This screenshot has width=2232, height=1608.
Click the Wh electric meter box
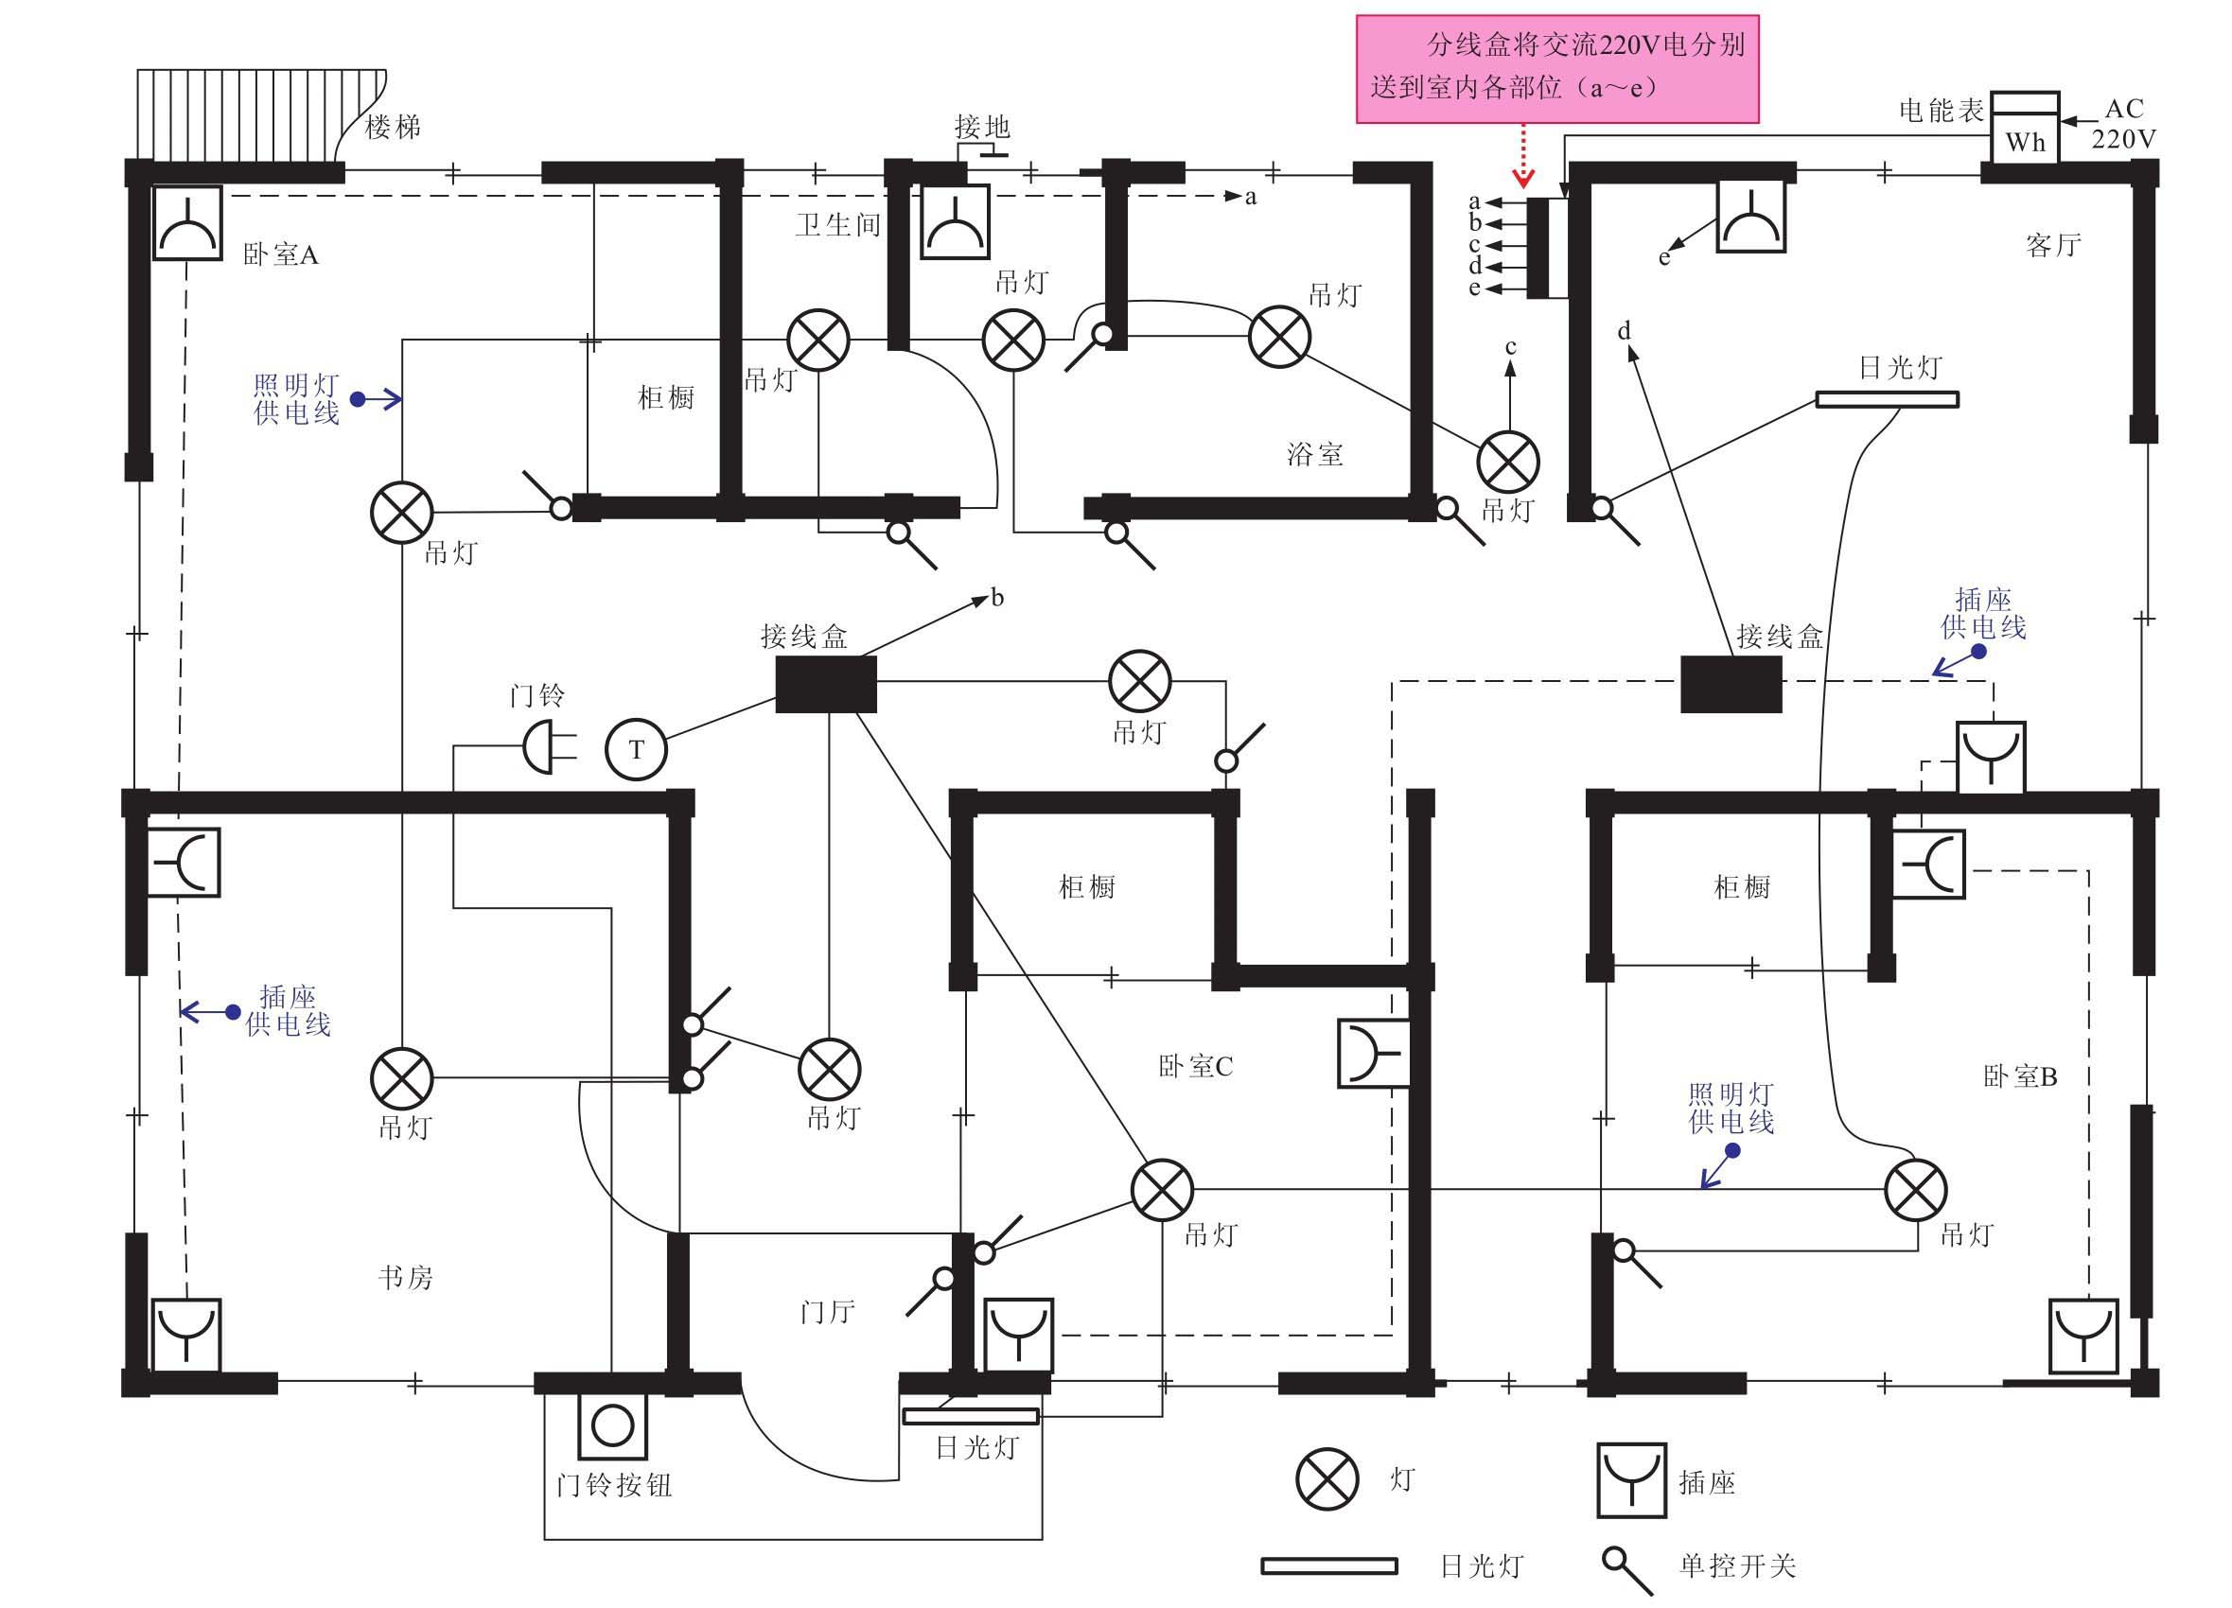pos(2025,129)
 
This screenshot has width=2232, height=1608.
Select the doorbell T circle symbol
pos(636,750)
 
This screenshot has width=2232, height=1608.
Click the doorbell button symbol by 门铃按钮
pos(612,1424)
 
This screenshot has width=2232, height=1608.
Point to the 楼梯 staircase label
pos(393,127)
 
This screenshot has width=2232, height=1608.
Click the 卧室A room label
pos(280,254)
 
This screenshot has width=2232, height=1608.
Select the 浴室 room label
pos(1314,455)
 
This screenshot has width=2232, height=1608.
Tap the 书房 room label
pos(406,1277)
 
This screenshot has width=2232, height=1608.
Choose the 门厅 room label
pos(827,1312)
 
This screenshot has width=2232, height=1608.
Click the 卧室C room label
pos(1195,1067)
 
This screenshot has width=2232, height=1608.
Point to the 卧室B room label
pos(2019,1076)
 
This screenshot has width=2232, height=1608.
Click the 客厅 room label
pos(2053,245)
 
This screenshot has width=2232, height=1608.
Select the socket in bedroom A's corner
pos(187,223)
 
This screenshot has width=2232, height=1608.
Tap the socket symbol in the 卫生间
pos(955,223)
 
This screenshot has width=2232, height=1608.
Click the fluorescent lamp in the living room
pos(1887,399)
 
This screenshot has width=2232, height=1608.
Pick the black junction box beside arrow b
pos(826,684)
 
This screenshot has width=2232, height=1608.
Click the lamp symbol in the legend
pos(1327,1479)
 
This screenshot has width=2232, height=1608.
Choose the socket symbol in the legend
pos(1630,1480)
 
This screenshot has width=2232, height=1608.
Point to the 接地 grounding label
pos(982,127)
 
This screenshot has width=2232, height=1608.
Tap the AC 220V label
pos(2123,124)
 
